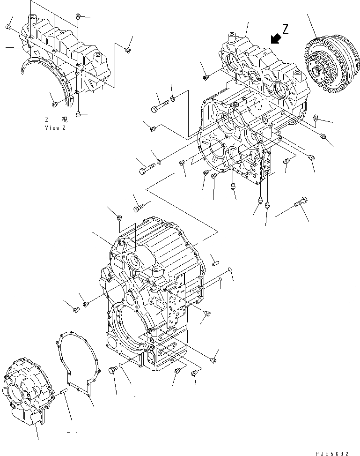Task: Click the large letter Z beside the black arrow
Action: (285, 30)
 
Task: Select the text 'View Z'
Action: (55, 128)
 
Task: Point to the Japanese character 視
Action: (64, 120)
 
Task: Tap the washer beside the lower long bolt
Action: (158, 162)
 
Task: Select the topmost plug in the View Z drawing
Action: (79, 17)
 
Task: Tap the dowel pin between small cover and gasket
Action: (65, 390)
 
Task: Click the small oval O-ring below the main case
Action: (122, 366)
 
